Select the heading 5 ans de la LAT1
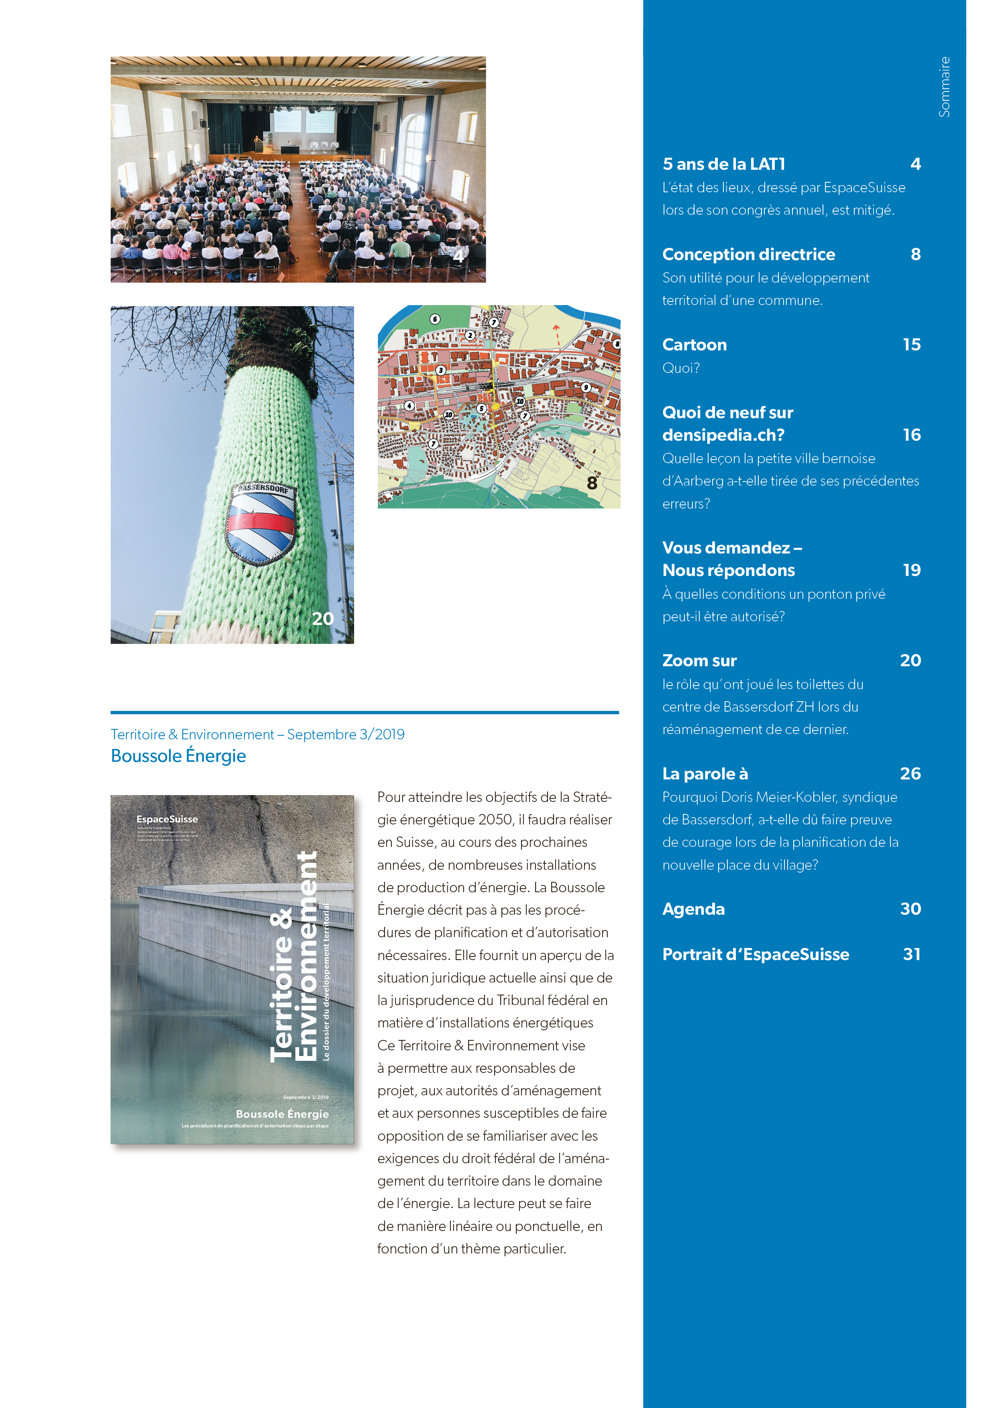(724, 164)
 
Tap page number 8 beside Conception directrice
(915, 254)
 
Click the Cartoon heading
(694, 345)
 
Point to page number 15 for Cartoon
(911, 345)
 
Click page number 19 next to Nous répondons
(911, 570)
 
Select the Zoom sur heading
(699, 661)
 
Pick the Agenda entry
(693, 909)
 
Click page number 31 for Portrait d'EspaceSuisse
(911, 954)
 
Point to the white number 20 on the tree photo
(323, 618)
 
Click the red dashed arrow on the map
(556, 335)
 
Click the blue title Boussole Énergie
(178, 756)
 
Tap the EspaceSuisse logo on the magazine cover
(167, 819)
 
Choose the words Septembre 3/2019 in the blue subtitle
(345, 735)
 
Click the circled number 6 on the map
(435, 319)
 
